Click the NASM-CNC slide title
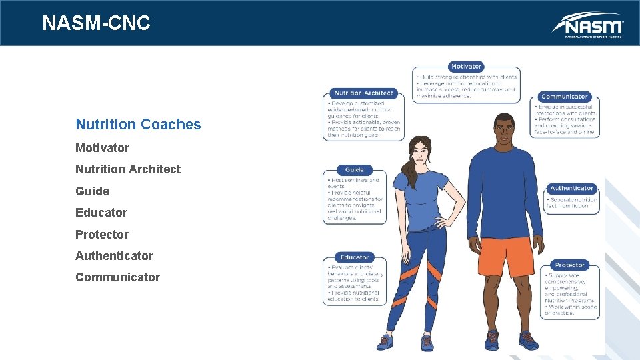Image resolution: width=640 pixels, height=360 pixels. click(x=96, y=23)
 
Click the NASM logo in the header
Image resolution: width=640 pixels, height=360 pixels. click(x=587, y=25)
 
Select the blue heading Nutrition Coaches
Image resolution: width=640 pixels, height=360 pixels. click(x=138, y=125)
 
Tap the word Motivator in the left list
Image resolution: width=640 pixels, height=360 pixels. click(x=102, y=148)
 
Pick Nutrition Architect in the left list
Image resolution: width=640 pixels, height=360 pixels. click(x=127, y=169)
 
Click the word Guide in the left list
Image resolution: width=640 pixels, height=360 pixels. click(x=92, y=191)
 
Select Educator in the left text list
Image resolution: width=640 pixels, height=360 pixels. click(x=101, y=213)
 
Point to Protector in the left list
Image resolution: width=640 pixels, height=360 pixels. click(x=101, y=235)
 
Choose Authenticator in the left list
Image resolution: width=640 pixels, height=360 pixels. click(x=114, y=256)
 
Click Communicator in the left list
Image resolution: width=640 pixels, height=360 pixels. click(x=117, y=277)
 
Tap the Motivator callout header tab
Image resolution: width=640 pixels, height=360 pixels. click(x=466, y=67)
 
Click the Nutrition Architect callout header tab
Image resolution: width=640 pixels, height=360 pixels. click(x=363, y=93)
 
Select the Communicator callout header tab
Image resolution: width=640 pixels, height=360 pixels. click(x=565, y=97)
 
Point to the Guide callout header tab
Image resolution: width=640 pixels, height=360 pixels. click(x=355, y=170)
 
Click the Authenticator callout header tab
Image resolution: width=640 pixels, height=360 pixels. click(x=571, y=189)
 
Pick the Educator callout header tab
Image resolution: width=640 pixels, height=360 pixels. click(x=355, y=257)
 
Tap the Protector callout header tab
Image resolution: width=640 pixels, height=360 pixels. click(x=569, y=265)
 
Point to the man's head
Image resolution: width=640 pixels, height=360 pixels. click(x=505, y=130)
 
